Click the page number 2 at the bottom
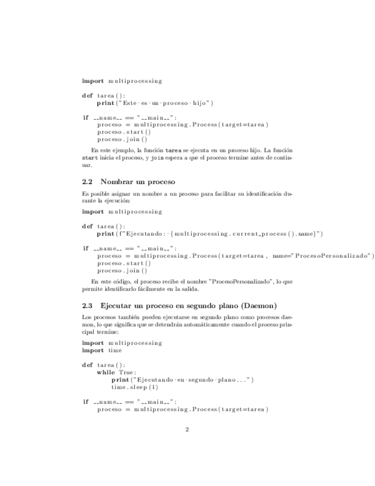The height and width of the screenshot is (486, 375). point(187,430)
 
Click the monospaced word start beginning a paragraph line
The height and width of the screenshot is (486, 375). point(90,157)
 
